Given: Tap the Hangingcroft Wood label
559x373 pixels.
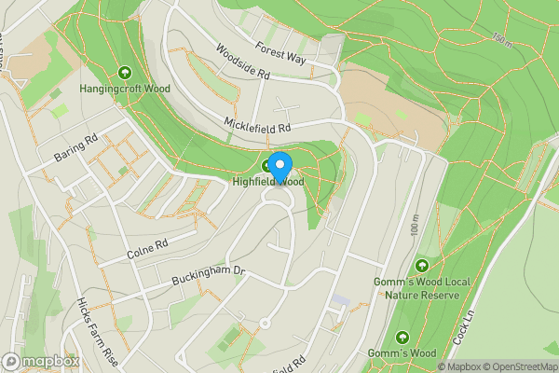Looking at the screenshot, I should [x=124, y=90].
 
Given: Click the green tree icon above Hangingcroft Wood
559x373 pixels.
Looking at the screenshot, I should [x=125, y=71].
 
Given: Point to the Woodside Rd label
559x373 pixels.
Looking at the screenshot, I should [x=242, y=61].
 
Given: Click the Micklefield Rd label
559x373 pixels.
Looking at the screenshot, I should [x=258, y=122].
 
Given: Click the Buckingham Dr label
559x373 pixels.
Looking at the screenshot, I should [x=207, y=275].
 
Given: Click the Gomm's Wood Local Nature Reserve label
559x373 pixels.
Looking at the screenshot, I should [x=423, y=288].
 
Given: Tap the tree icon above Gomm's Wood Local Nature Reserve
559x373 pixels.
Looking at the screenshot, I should [x=424, y=266].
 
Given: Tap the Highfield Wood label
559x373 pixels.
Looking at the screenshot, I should [x=270, y=182].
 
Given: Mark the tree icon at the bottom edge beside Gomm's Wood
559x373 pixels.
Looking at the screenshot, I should [x=402, y=337].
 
